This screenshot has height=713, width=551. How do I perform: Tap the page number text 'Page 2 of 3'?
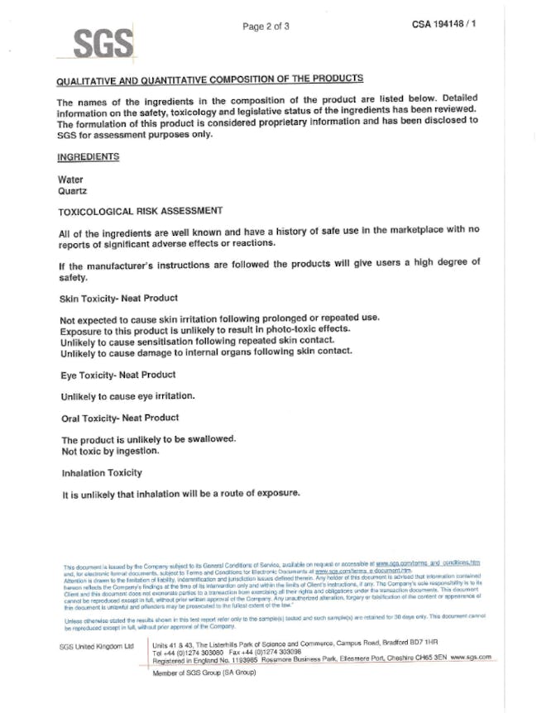click(x=266, y=26)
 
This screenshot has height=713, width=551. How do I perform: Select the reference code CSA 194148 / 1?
click(x=445, y=25)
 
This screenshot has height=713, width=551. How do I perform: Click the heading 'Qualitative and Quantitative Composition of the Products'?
click(x=208, y=80)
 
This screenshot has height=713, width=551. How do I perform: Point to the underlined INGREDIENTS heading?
click(x=88, y=156)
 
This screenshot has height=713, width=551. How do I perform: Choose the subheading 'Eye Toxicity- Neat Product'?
click(x=117, y=375)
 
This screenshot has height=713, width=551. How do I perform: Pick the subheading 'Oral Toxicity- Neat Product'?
click(x=119, y=417)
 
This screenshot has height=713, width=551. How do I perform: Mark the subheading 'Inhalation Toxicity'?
click(x=102, y=473)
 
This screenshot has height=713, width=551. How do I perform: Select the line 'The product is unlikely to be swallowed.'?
click(x=150, y=439)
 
